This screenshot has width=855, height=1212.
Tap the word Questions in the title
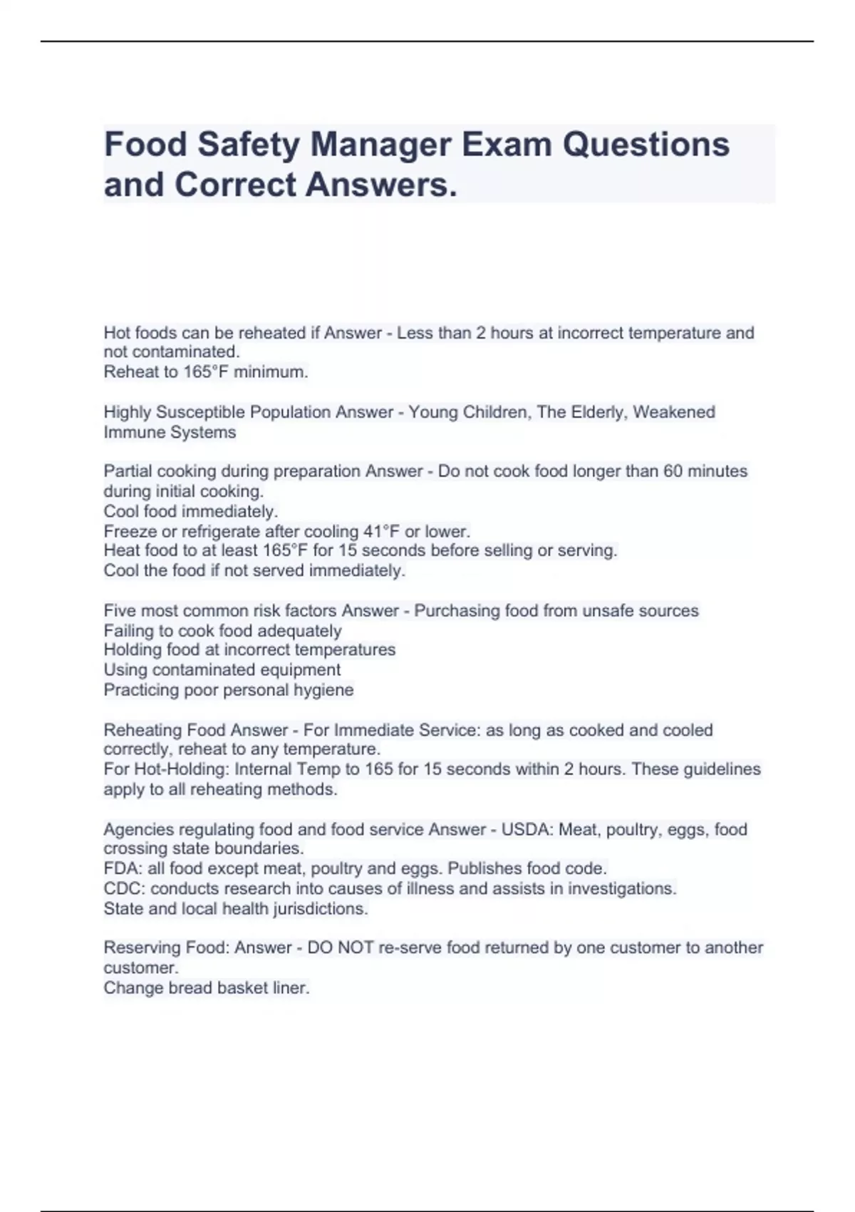[646, 144]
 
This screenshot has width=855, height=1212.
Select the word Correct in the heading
[235, 185]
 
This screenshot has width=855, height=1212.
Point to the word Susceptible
[194, 412]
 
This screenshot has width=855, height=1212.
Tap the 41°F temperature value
[381, 531]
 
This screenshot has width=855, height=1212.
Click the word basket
[242, 988]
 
